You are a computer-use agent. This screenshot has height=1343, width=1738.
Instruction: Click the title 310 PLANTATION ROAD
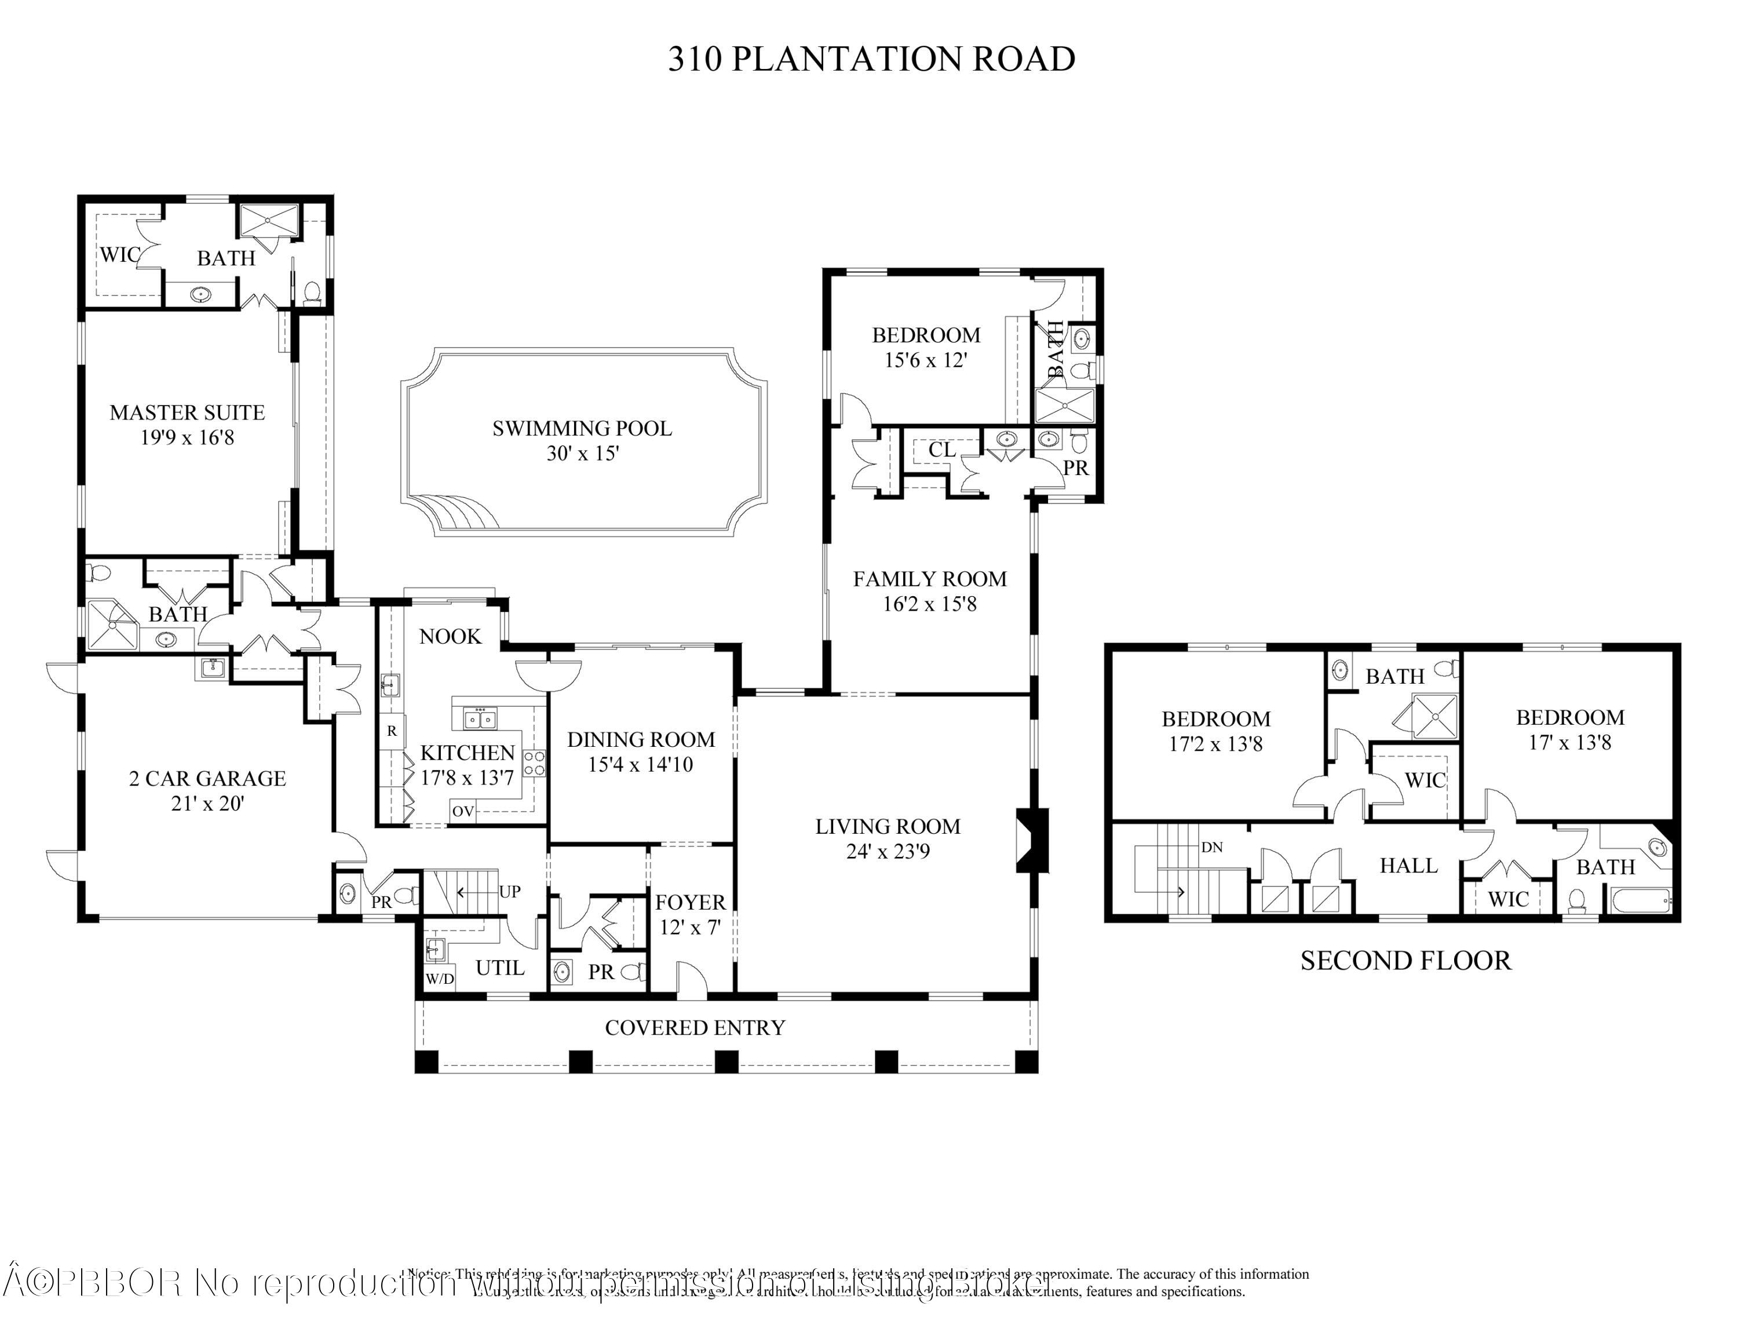pyautogui.click(x=871, y=60)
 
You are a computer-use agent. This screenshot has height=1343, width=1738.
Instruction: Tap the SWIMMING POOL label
pyautogui.click(x=582, y=440)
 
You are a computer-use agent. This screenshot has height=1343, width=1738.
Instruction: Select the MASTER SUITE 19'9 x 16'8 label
pyautogui.click(x=187, y=424)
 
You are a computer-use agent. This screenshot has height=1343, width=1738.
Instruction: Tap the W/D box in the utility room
pyautogui.click(x=439, y=979)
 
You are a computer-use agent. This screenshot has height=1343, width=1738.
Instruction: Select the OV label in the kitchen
pyautogui.click(x=463, y=812)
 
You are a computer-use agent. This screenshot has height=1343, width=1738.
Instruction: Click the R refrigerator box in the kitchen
pyautogui.click(x=392, y=731)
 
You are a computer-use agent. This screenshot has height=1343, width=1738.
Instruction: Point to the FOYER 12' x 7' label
pyautogui.click(x=690, y=914)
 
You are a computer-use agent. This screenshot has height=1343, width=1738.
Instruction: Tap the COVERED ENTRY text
pyautogui.click(x=695, y=1028)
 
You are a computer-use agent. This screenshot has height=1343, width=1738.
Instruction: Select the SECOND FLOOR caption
pyautogui.click(x=1405, y=961)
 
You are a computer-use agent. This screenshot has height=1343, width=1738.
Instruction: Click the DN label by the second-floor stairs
pyautogui.click(x=1211, y=847)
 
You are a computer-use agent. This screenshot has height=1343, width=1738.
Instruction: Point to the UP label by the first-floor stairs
pyautogui.click(x=509, y=892)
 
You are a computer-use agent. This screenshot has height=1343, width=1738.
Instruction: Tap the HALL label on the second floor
pyautogui.click(x=1408, y=866)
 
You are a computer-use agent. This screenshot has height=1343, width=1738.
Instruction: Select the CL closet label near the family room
pyautogui.click(x=941, y=450)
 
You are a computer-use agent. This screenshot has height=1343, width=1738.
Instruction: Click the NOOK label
pyautogui.click(x=450, y=637)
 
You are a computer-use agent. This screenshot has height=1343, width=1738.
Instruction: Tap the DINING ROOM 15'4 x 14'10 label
pyautogui.click(x=641, y=752)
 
